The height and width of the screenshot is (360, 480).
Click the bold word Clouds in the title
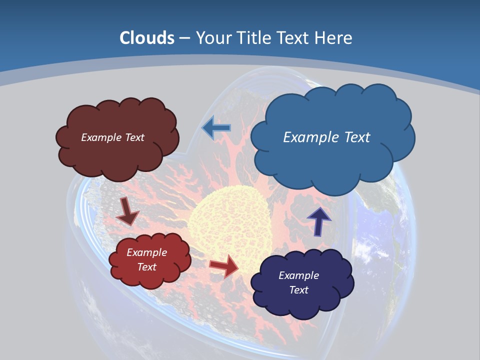click(147, 38)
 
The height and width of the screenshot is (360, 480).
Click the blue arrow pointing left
click(216, 128)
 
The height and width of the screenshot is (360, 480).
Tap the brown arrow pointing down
click(127, 211)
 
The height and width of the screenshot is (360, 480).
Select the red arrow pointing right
click(224, 265)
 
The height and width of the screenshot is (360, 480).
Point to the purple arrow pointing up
click(318, 221)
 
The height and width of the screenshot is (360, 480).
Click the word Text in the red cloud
click(147, 267)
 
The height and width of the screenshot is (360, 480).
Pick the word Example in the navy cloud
click(298, 275)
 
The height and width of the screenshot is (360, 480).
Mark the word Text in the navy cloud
click(298, 290)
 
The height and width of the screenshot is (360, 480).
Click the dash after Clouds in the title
click(184, 38)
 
